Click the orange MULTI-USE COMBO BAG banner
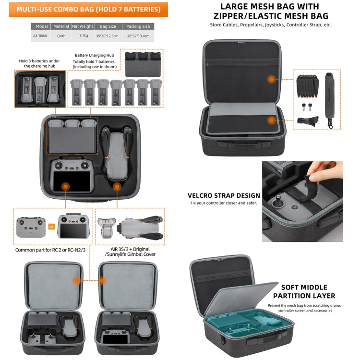pyautogui.click(x=89, y=9)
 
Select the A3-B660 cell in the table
pyautogui.click(x=41, y=36)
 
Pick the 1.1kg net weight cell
pyautogui.click(x=82, y=36)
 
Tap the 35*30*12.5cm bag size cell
pyautogui.click(x=107, y=36)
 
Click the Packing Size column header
pyautogui.click(x=138, y=26)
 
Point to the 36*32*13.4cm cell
pyautogui.click(x=138, y=36)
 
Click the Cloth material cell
pyautogui.click(x=60, y=36)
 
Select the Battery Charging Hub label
pyautogui.click(x=94, y=55)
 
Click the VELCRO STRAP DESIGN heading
pyautogui.click(x=224, y=195)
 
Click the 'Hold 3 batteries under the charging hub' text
pyautogui.click(x=40, y=63)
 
